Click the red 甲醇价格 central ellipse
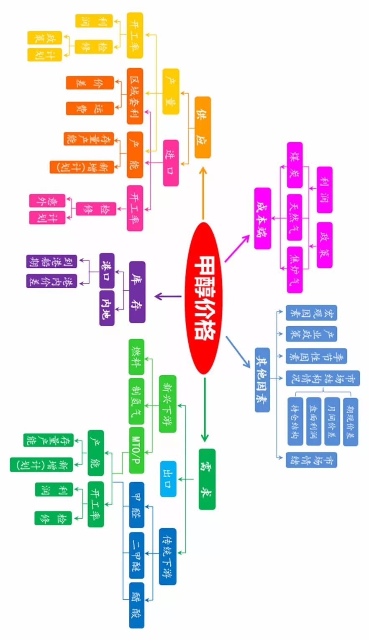(203, 298)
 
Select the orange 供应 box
(202, 127)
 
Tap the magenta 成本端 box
(262, 218)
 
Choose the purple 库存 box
(137, 292)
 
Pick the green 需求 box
(207, 479)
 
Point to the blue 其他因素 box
(262, 379)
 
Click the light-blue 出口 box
(168, 479)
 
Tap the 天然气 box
(295, 217)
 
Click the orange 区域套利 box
(135, 96)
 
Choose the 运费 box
(90, 108)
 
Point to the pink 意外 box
(47, 200)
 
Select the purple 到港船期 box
(52, 261)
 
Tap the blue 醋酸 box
(136, 605)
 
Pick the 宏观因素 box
(311, 313)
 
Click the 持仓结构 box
(296, 421)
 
